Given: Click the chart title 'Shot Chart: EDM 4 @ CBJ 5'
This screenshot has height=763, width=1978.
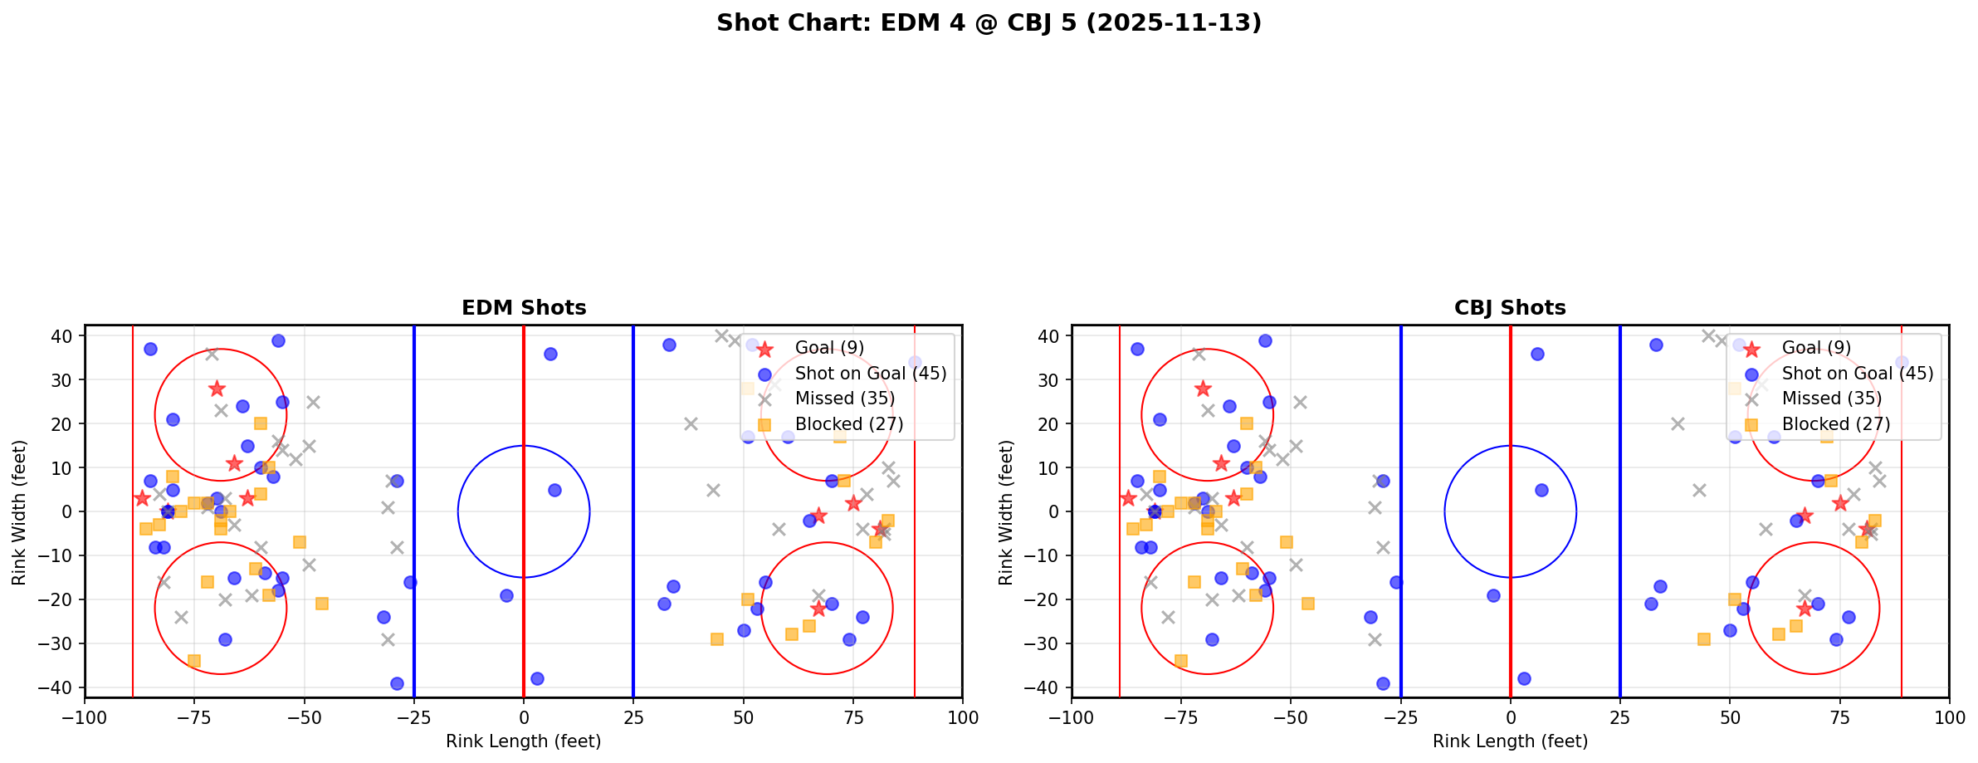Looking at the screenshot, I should point(989,23).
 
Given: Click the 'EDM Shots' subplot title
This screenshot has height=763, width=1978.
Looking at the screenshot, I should point(524,308).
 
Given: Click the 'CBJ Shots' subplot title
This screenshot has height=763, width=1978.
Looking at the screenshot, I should point(1510,308).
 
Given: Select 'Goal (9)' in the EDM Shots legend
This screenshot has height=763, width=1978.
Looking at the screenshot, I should point(829,348).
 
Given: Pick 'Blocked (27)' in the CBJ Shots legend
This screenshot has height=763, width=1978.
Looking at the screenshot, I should point(1836,424).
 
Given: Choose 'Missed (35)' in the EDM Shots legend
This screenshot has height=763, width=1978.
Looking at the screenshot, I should point(844,399).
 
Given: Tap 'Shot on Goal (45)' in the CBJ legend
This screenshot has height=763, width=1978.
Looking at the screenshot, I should point(1858,374).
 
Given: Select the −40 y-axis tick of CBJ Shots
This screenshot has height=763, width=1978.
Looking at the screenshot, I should point(1046,687).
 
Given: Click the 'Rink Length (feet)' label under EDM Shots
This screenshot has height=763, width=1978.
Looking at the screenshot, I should point(523,741).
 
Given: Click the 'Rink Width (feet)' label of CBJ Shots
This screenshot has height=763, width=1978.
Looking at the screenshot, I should point(1006,511).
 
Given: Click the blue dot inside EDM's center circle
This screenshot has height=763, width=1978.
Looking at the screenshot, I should point(554,491).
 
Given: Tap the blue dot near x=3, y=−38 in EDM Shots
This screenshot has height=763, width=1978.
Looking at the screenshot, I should point(537,678).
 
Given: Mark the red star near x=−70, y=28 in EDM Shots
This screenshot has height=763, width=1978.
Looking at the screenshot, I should point(217,389).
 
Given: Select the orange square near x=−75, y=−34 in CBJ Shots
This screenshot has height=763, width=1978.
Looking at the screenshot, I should point(1180,661).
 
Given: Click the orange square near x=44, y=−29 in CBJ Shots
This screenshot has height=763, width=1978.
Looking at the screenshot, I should point(1703,639).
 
